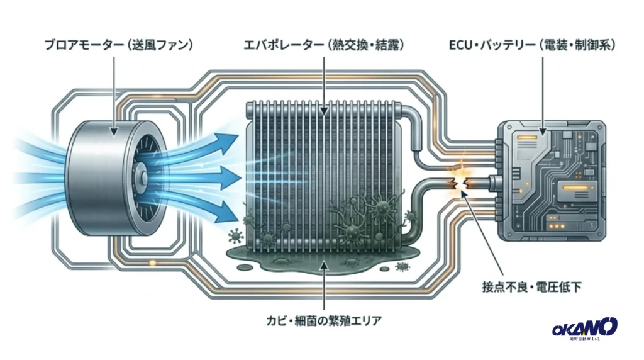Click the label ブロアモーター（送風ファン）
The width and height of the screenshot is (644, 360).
(x=118, y=45)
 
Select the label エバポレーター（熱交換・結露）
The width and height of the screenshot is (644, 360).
(x=324, y=45)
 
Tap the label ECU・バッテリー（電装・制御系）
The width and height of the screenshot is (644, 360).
(x=532, y=45)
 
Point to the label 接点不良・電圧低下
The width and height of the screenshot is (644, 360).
(x=531, y=287)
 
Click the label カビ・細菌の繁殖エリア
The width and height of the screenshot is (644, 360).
(x=324, y=320)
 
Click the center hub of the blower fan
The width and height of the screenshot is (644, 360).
(x=141, y=177)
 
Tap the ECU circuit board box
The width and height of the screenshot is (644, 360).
(x=552, y=181)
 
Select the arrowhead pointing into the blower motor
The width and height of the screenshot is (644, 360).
(x=114, y=131)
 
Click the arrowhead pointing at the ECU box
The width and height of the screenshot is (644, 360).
(x=543, y=131)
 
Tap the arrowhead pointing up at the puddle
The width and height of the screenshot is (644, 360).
(x=324, y=265)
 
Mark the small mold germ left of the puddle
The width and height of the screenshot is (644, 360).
(x=236, y=235)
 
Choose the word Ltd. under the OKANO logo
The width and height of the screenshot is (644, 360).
(x=595, y=339)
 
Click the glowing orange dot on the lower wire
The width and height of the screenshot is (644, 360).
(x=152, y=262)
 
